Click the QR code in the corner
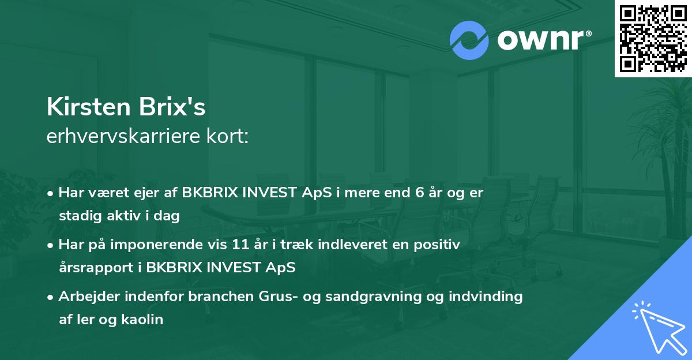point(653,38)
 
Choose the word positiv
point(439,245)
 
